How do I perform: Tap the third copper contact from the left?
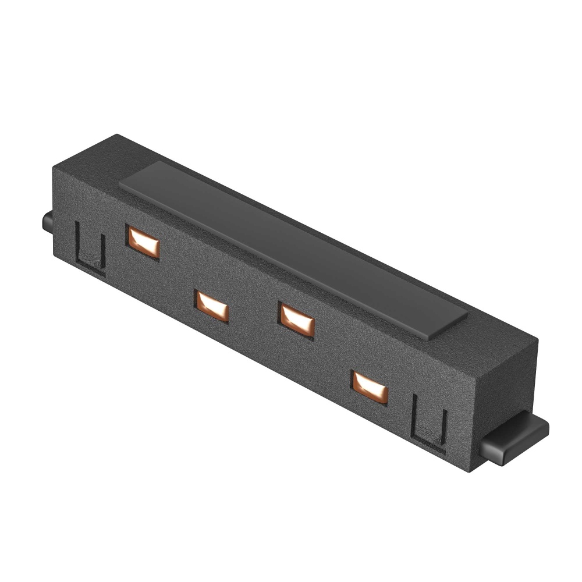297,320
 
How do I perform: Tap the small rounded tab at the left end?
46,223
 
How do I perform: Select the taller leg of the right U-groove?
414,416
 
